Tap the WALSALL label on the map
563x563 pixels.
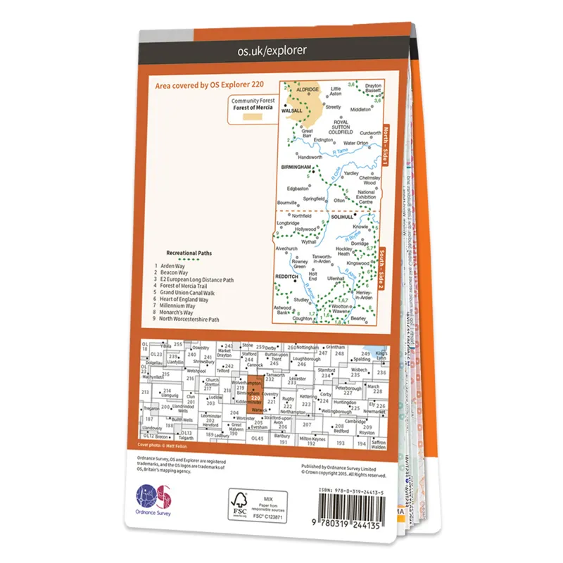[x=291, y=110]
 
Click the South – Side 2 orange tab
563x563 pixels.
[x=385, y=262]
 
